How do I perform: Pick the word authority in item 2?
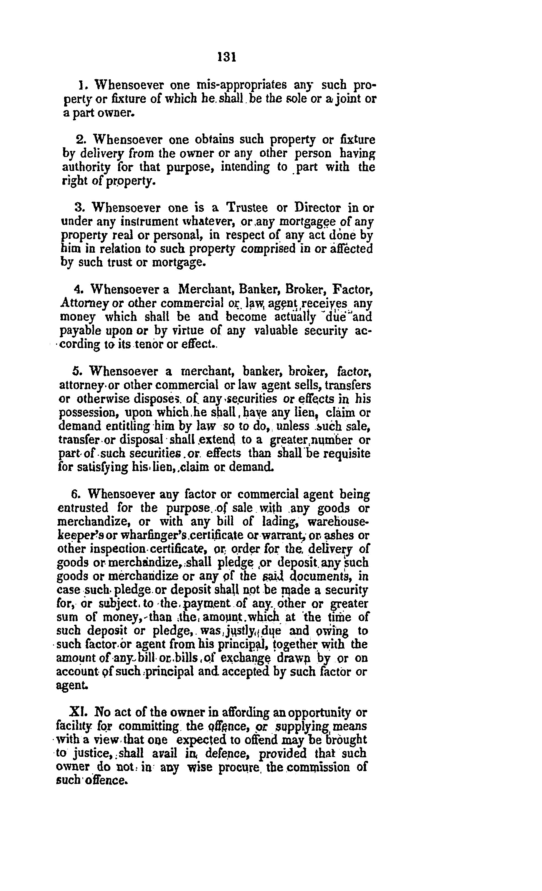click(x=81, y=168)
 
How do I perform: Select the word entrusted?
click(x=83, y=508)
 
